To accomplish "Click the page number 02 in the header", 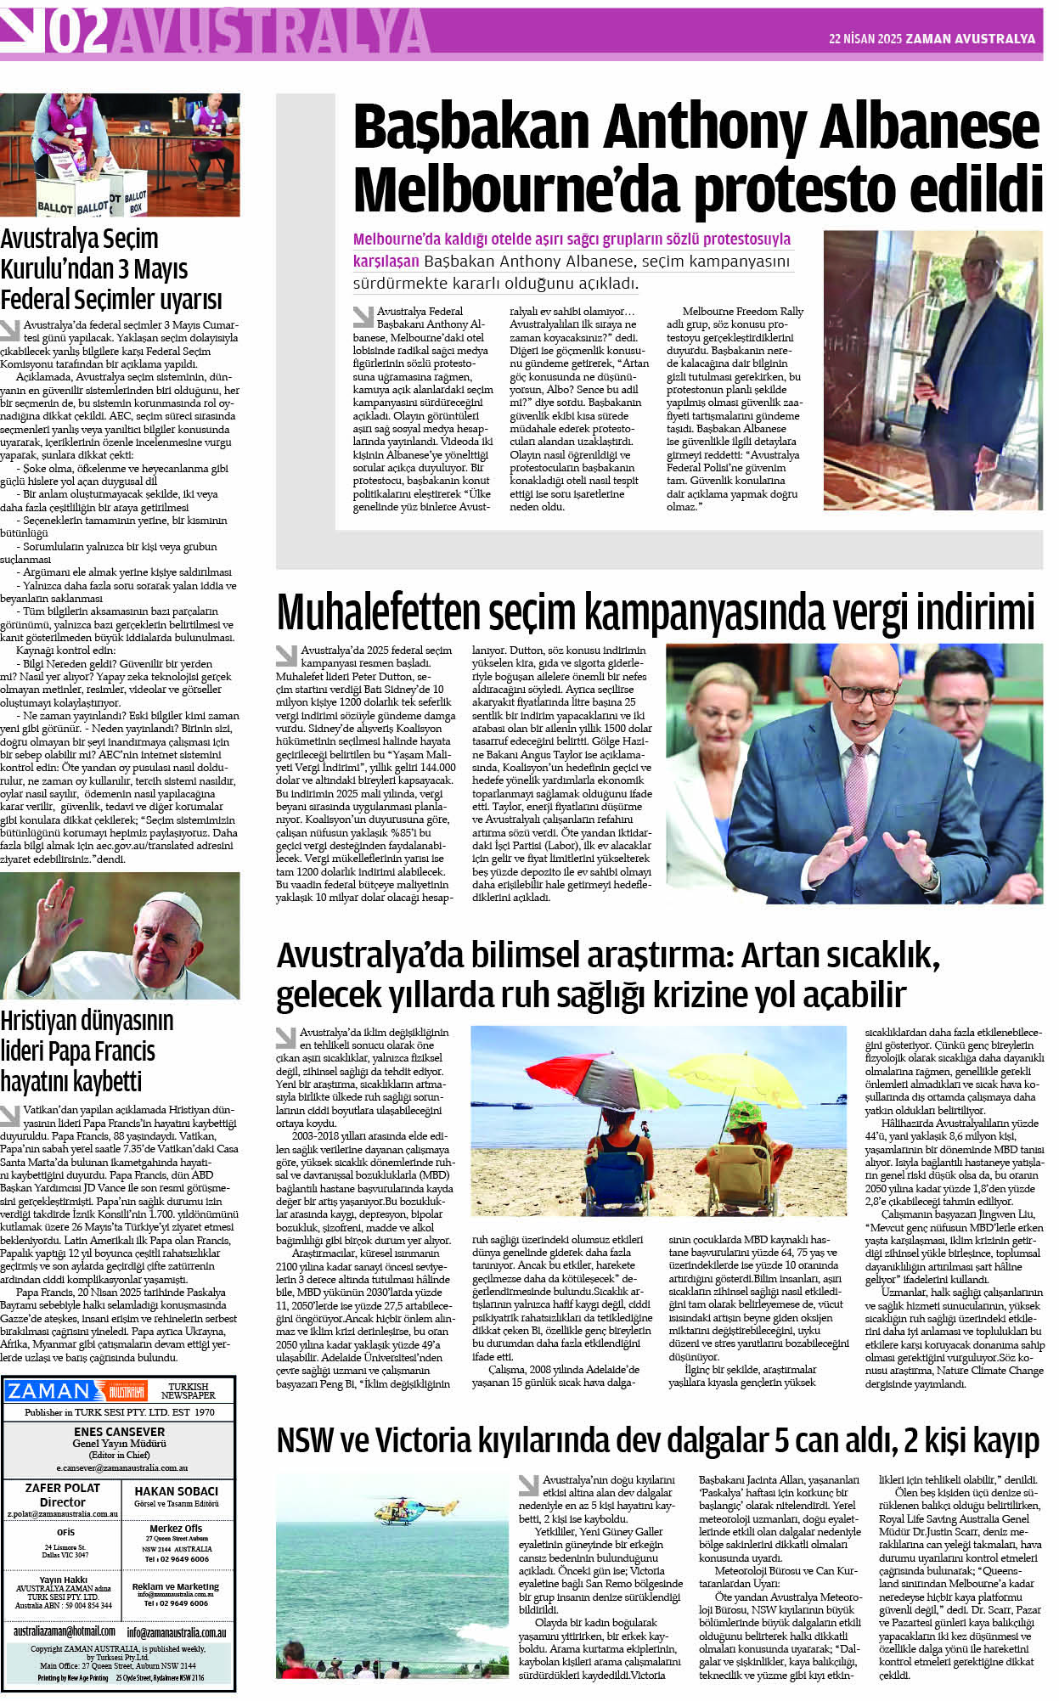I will coord(78,31).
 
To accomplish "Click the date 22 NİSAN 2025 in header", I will coord(865,39).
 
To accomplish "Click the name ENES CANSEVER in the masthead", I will coord(119,1431).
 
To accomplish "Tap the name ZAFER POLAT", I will coord(62,1488).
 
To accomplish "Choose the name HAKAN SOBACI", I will coord(176,1490).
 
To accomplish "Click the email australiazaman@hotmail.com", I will coord(64,1631).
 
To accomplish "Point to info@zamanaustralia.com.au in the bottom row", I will coord(177,1631).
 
